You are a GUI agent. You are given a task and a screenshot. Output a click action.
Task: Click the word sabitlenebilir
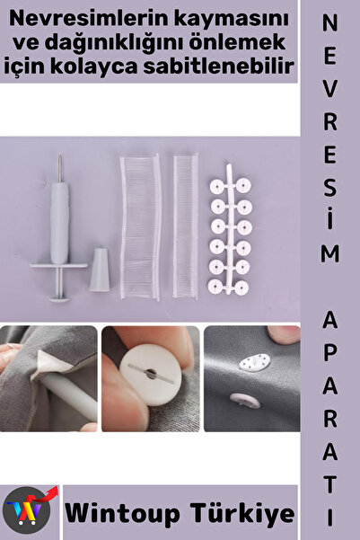coord(218,66)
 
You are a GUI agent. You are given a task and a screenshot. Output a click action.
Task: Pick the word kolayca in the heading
coord(94,67)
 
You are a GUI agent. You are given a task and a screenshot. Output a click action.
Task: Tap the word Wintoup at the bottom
coord(122,514)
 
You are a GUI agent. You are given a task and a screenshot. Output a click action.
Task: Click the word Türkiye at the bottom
coord(242,513)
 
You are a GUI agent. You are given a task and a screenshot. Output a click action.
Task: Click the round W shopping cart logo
coord(27,510)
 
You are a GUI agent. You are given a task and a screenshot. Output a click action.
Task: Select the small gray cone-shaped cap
coord(100,270)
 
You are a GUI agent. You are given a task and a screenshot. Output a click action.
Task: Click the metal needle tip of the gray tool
coord(59,168)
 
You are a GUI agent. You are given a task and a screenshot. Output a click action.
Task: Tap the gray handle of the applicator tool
coord(59,223)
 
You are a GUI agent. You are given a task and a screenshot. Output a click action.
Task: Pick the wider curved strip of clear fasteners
coord(140,227)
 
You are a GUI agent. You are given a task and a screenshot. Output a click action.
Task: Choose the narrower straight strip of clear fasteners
coord(185,226)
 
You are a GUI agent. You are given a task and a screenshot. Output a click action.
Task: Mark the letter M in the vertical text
coord(330,253)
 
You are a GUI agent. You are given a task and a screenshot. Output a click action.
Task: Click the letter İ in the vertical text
coord(330,218)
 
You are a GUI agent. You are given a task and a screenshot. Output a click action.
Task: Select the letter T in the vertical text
coord(330,484)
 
